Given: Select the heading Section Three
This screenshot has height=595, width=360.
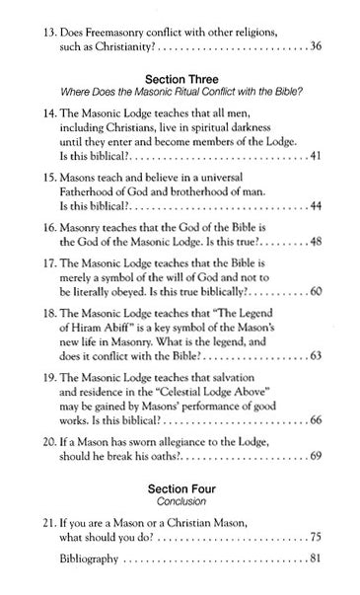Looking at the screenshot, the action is (179, 79).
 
